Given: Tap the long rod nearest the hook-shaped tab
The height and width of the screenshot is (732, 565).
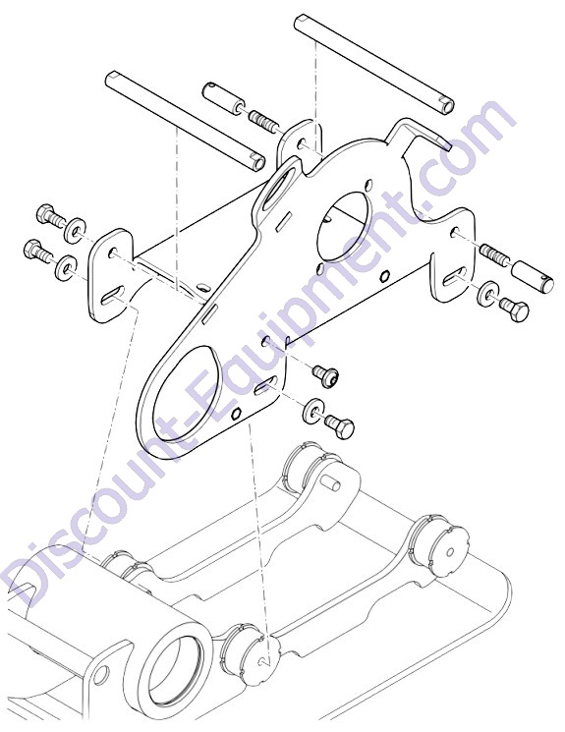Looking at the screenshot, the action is click(373, 64).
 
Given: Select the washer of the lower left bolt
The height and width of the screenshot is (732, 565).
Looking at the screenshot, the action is click(67, 267).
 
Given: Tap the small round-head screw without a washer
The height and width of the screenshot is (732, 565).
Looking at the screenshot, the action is click(326, 375).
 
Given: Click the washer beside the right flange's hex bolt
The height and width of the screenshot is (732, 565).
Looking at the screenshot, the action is click(488, 294).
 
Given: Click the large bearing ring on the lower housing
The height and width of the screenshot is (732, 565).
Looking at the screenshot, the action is click(176, 665).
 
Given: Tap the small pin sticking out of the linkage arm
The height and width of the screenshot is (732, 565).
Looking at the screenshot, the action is click(332, 482).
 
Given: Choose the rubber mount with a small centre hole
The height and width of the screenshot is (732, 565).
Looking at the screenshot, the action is click(442, 549).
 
